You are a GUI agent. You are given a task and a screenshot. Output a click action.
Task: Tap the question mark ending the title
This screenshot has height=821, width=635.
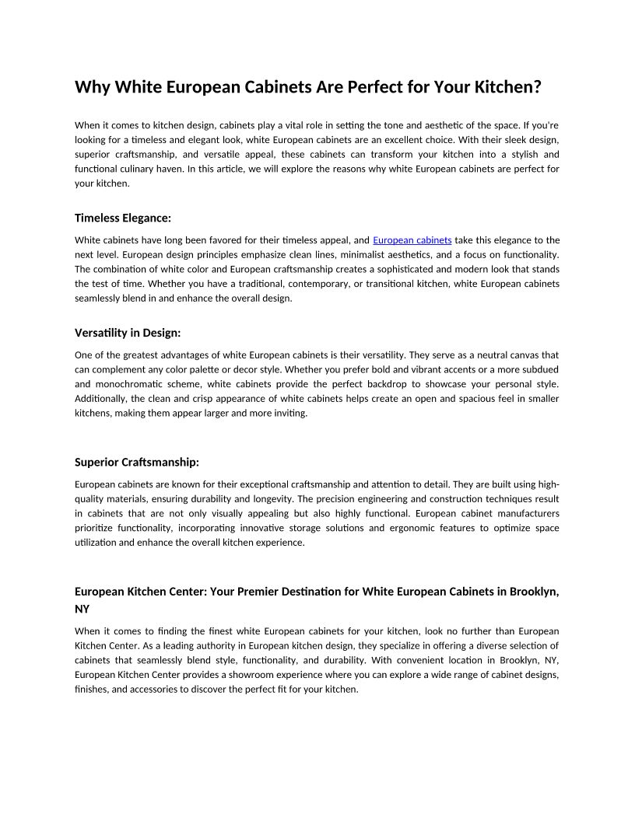coord(536,87)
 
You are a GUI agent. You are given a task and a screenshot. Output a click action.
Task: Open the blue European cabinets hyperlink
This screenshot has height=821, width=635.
coord(412,240)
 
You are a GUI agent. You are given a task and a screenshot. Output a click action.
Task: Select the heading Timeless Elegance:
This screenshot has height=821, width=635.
coord(122,218)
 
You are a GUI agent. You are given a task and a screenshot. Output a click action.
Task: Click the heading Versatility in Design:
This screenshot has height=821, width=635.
coord(128,333)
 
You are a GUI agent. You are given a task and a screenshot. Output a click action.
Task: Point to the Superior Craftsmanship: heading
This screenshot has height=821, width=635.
coord(137,462)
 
